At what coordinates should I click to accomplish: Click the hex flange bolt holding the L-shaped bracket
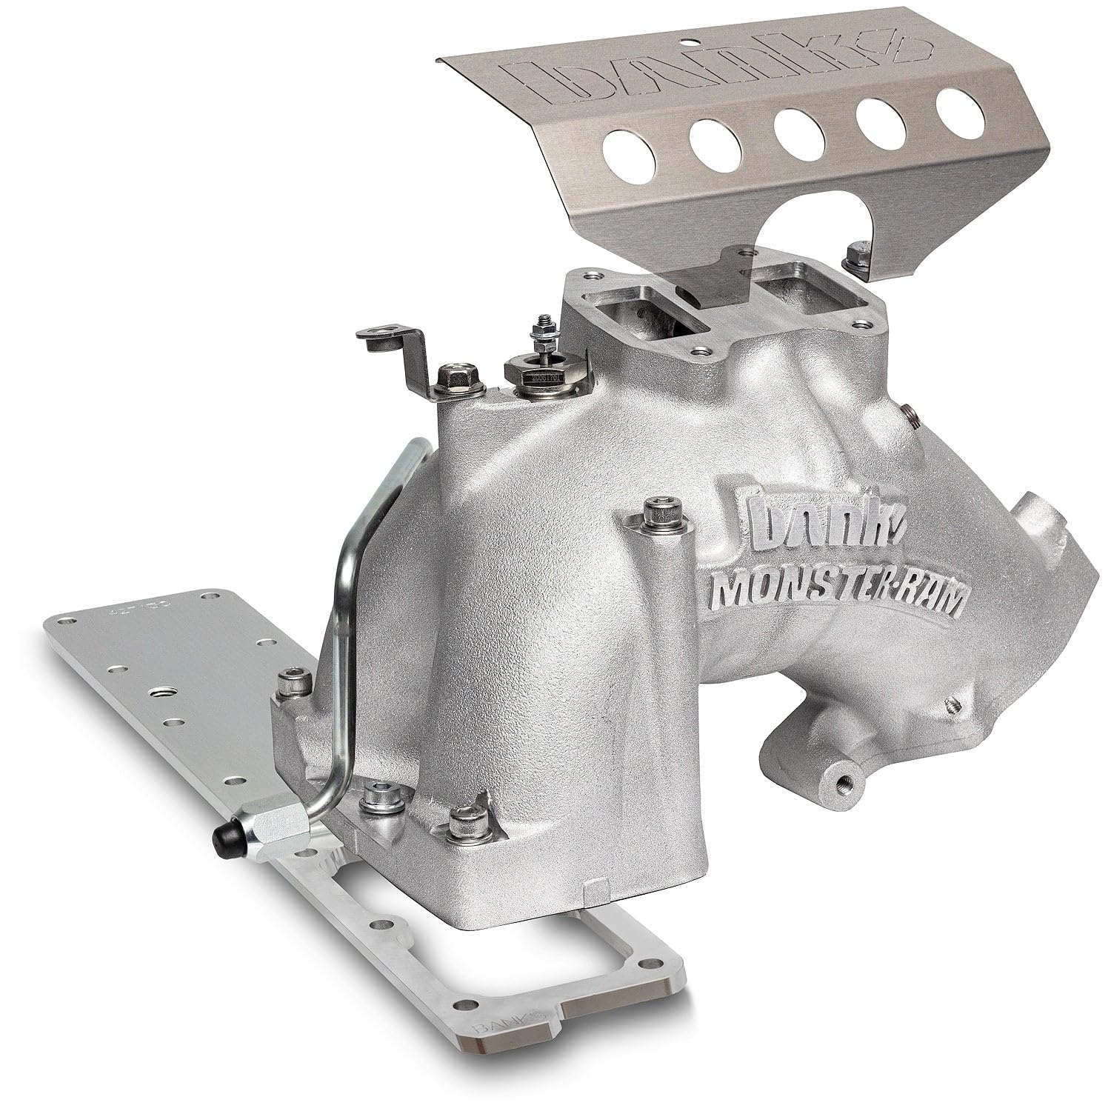click(x=451, y=378)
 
